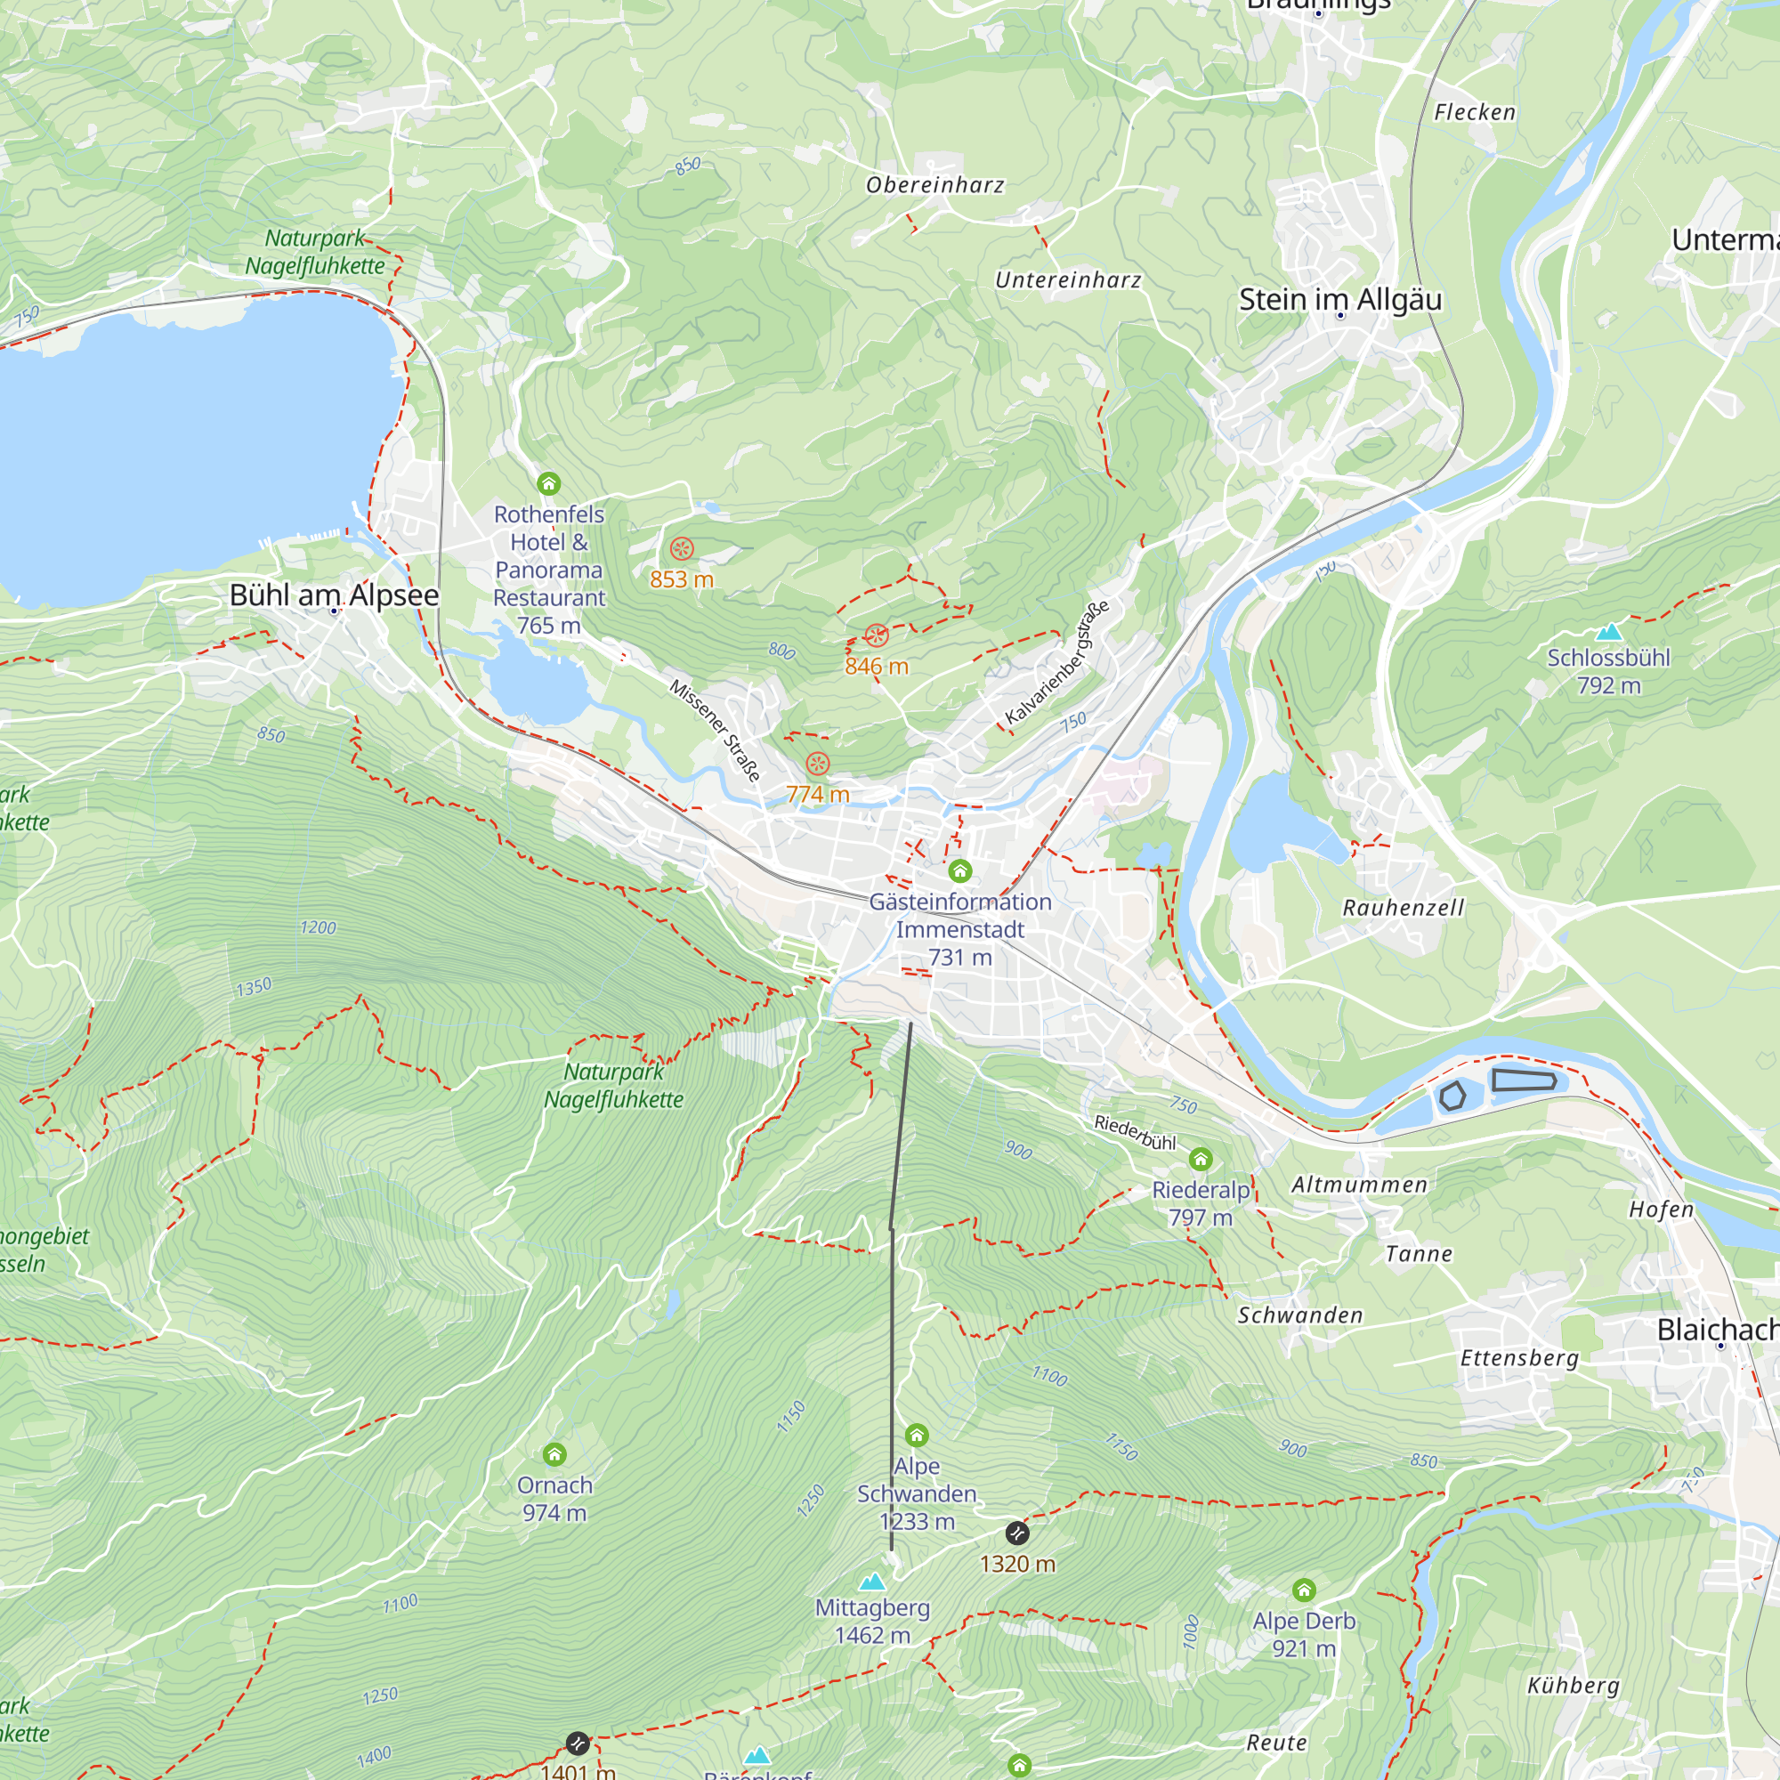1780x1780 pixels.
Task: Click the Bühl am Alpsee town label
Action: coord(334,595)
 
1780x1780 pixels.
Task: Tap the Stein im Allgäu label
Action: coord(1339,299)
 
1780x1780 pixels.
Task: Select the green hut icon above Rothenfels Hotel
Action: coord(549,483)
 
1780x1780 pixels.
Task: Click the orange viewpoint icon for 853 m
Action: coord(682,549)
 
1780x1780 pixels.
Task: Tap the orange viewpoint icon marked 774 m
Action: coord(818,764)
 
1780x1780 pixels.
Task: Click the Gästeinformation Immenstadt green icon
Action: coord(960,870)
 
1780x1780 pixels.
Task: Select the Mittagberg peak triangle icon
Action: coord(871,1582)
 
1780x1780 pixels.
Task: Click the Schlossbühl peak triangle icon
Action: coord(1608,632)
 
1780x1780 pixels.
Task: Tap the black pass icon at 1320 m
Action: coord(1017,1533)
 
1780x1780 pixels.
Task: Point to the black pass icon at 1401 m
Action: coord(577,1744)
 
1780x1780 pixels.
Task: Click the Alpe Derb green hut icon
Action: coord(1304,1590)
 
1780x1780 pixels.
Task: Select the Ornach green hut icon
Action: coord(554,1455)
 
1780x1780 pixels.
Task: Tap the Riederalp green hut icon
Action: coord(1201,1159)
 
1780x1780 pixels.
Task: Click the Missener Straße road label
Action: coord(716,731)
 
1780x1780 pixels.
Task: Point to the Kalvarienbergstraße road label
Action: coord(1056,661)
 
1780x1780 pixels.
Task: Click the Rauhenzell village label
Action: coord(1404,908)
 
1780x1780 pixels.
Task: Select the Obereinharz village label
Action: coord(935,185)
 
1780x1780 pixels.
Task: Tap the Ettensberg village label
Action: coord(1519,1358)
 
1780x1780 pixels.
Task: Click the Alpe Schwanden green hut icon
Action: coord(917,1436)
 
